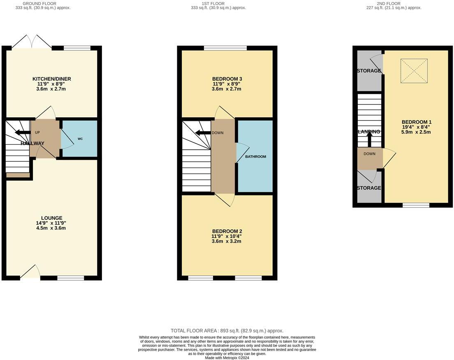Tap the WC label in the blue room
[x=80, y=139]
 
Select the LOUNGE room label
[x=51, y=218]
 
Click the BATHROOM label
[x=255, y=157]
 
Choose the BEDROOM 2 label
[x=227, y=231]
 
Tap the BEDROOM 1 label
[x=416, y=122]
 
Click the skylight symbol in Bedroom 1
[x=414, y=71]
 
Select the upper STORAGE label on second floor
[x=369, y=71]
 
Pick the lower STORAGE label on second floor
[x=369, y=188]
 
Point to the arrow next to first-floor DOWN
[x=202, y=132]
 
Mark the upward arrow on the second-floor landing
[x=369, y=140]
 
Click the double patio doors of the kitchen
[x=32, y=43]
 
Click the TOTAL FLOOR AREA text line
[x=227, y=331]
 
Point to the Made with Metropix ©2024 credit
[x=227, y=358]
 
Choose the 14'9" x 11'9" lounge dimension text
[x=51, y=223]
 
